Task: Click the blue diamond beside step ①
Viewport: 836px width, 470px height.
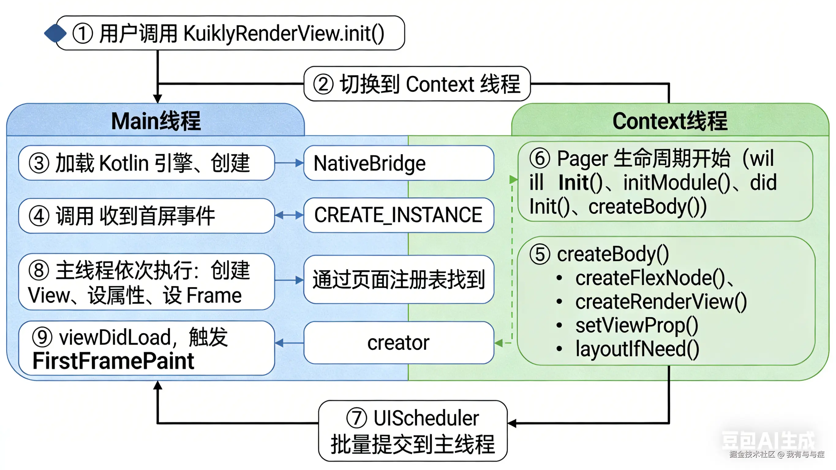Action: [55, 33]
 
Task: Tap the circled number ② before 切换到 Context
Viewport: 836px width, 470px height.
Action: [323, 84]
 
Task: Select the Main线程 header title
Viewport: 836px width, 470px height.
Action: [156, 121]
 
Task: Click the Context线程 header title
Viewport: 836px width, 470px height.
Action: [670, 121]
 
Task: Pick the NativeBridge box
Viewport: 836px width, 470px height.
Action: [398, 163]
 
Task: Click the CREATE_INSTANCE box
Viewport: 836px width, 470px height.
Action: [398, 215]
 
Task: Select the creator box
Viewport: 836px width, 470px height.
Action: [398, 343]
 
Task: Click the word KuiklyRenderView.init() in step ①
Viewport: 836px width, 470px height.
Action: [284, 33]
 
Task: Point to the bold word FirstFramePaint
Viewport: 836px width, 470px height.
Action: [113, 361]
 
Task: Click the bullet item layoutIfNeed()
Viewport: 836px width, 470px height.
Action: [637, 349]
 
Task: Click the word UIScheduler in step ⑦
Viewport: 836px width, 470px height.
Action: [426, 418]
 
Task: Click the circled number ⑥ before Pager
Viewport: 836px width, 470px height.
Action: [540, 159]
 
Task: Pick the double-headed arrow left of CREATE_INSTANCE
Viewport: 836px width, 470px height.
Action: [289, 215]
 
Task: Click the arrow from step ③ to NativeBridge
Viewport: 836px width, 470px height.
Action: [289, 163]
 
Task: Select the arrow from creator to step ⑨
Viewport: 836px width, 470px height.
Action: [289, 343]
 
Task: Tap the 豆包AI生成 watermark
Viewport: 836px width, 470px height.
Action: [768, 441]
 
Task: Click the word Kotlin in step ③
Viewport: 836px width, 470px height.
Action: [124, 163]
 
